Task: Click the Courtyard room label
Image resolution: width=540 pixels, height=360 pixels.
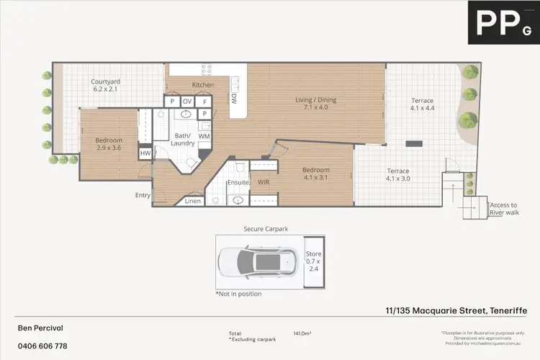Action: [105, 86]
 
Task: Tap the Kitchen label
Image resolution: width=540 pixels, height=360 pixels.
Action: [202, 85]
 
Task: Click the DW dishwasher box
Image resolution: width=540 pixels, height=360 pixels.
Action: [235, 100]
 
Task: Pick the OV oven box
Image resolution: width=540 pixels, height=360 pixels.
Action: [187, 102]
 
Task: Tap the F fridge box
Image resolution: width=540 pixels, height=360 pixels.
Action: [204, 102]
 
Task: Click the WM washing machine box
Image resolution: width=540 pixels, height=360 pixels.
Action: [204, 135]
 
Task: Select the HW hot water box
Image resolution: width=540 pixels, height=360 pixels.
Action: [145, 153]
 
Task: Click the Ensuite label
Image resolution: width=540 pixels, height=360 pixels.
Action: [238, 183]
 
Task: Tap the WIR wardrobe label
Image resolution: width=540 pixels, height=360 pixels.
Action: [264, 183]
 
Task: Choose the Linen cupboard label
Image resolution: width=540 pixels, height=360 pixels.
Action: [193, 201]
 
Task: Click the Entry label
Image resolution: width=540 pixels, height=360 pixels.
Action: [143, 195]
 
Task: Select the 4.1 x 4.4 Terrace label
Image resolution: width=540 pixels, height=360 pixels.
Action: [422, 105]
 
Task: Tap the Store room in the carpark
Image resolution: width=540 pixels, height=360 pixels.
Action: [312, 262]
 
